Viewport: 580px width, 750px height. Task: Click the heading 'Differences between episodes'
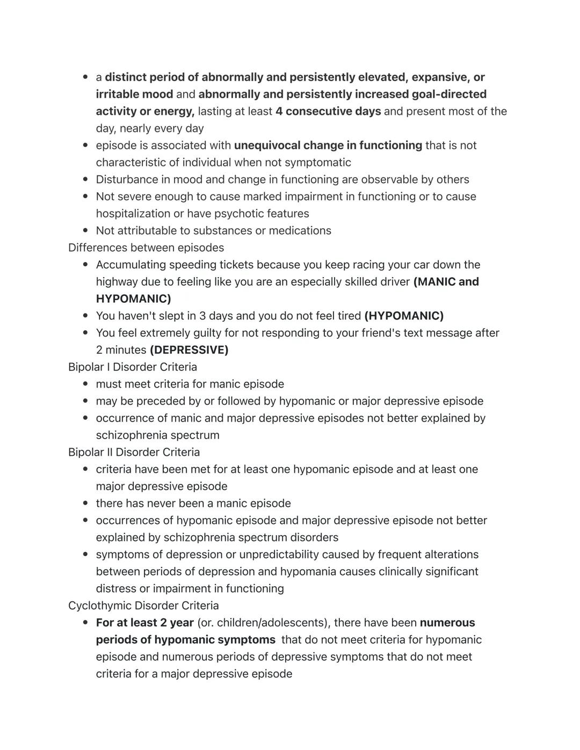pos(146,247)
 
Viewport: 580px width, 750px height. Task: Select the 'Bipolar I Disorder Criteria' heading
pos(133,367)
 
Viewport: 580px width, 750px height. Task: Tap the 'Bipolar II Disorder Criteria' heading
pos(134,452)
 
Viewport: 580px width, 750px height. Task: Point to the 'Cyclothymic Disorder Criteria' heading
pos(143,606)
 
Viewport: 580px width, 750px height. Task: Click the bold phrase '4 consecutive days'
pos(328,111)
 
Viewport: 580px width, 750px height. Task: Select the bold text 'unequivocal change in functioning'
pos(328,145)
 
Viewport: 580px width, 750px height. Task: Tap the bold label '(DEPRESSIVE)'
pos(189,350)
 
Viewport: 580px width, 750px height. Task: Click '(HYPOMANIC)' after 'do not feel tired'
pos(404,316)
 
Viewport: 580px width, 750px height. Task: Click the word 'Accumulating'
pos(130,265)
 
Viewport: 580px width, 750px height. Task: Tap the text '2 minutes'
pos(121,350)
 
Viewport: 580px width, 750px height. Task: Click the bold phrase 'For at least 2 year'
pos(145,623)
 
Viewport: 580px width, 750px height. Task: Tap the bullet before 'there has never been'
pos(86,504)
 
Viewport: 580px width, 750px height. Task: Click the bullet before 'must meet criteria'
pos(86,384)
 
